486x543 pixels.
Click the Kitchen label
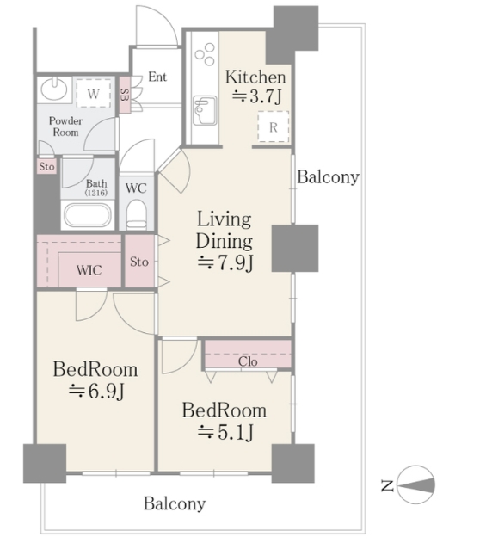[255, 77]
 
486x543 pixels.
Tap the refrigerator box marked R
[274, 126]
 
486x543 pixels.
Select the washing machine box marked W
[94, 94]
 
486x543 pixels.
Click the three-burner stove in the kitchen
[205, 53]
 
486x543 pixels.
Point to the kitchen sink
[205, 110]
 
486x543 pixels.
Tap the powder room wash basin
[54, 89]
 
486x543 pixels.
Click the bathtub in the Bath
[88, 215]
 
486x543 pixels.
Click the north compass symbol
[415, 484]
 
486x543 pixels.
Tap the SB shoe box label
[125, 95]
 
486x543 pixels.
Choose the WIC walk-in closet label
[89, 270]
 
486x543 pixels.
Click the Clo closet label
[248, 361]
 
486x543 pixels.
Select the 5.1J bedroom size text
[225, 433]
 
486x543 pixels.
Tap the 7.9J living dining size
[225, 263]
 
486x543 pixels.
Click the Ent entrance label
[157, 77]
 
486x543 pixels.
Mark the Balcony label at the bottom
[175, 503]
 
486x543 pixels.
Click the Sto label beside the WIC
[139, 262]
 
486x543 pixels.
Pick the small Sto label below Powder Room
[46, 167]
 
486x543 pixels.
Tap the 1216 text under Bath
[95, 193]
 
